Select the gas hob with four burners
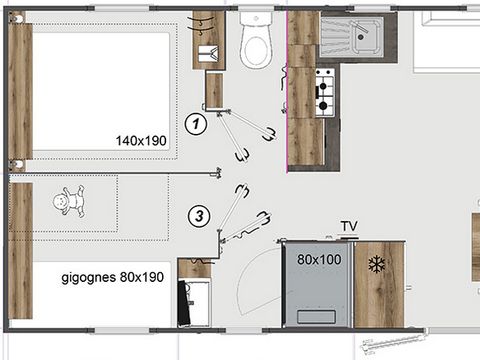point(325,91)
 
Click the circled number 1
point(197,124)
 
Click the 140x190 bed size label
point(142,142)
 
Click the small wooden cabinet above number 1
point(213,90)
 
